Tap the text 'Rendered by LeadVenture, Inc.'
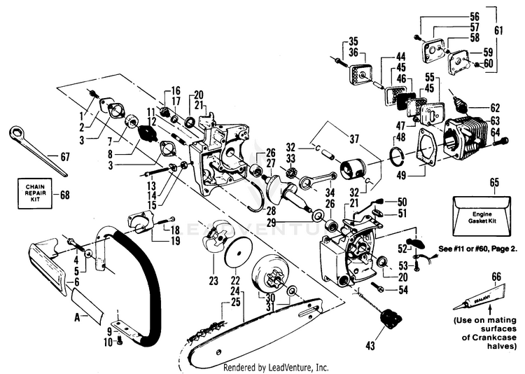coord(275,367)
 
